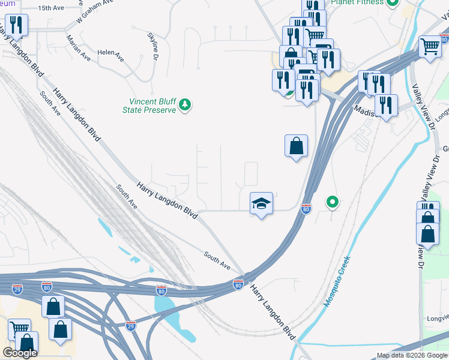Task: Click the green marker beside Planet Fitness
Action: (393, 2)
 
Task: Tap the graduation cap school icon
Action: (261, 203)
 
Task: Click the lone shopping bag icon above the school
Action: (296, 146)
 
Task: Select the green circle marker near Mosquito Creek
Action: (331, 203)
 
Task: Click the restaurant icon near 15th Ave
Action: (16, 25)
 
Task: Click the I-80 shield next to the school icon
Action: (306, 209)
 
